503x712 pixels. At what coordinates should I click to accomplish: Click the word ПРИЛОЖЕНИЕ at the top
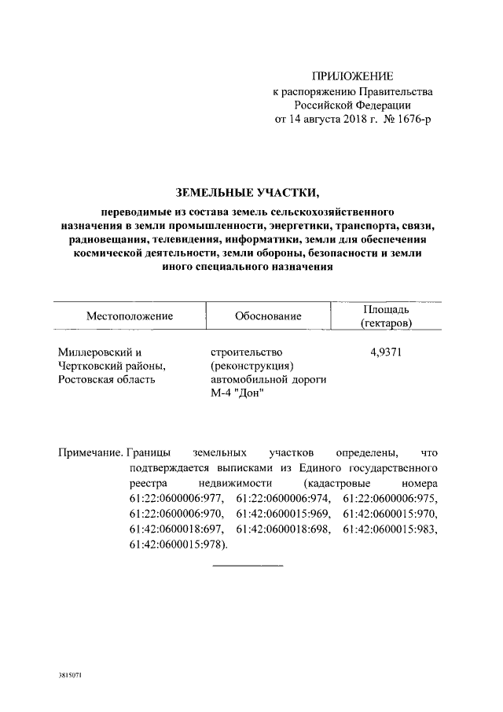coord(351,76)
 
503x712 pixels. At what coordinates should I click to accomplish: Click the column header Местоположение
coord(129,315)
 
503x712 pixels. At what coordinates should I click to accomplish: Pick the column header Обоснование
coord(268,315)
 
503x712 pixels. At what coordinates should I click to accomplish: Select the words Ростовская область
coord(107,380)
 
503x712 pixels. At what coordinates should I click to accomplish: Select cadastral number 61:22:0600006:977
coord(178,499)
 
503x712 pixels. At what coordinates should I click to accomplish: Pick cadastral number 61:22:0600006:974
coord(284,499)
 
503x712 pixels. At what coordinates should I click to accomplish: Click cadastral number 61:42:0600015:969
coord(284,514)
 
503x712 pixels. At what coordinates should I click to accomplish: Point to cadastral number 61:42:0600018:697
coord(178,529)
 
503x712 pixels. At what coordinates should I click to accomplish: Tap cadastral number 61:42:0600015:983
coord(390,529)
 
